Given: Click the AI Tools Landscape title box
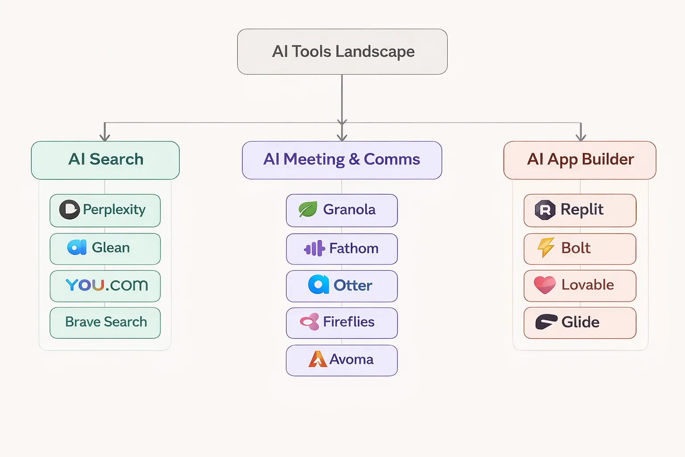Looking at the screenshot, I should pos(342,52).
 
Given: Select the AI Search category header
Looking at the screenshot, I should pos(105,160).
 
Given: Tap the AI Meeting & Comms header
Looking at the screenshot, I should pos(342,160).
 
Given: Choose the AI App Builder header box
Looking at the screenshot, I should pos(580,160).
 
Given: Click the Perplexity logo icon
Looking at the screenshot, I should pos(69,210).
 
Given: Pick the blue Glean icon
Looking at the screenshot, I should pos(77,247).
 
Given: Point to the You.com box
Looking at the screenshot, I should pos(105,286).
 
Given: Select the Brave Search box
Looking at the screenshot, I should pos(105,322).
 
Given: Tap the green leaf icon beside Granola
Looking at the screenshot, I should pos(308,209).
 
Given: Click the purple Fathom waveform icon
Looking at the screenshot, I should pos(314,249).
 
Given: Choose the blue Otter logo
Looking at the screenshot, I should pos(318,285).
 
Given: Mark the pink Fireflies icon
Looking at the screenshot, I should pos(310,322).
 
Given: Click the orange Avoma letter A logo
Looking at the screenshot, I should pos(318,359).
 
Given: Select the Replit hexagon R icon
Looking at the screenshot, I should pos(545,210).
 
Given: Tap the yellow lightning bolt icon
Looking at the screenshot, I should pos(545,248).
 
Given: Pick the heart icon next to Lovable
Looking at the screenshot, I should pos(545,285).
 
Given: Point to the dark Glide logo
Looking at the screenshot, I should pos(546,322).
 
